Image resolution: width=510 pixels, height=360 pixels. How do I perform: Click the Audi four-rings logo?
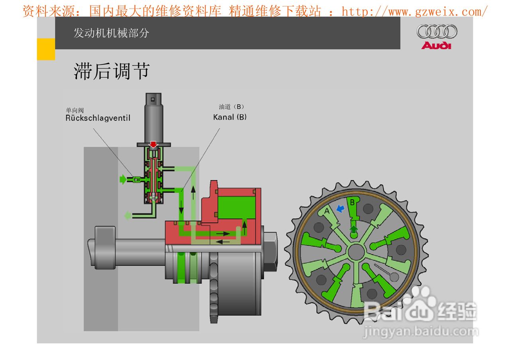click(x=437, y=31)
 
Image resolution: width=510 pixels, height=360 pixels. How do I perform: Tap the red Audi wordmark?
click(x=436, y=45)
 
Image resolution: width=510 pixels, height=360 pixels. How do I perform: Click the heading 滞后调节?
click(x=112, y=71)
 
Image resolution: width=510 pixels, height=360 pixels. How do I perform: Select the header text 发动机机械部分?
click(x=111, y=33)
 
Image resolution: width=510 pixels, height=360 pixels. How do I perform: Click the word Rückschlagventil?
click(x=98, y=118)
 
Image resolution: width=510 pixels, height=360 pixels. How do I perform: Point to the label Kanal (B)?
click(x=230, y=117)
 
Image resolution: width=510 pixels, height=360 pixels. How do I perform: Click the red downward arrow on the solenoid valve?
click(x=153, y=145)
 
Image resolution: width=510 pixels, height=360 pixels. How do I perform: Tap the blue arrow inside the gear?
click(x=340, y=208)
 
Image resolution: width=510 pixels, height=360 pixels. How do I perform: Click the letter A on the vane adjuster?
click(x=327, y=211)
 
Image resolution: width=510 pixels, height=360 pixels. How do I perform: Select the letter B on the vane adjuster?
click(x=352, y=202)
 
